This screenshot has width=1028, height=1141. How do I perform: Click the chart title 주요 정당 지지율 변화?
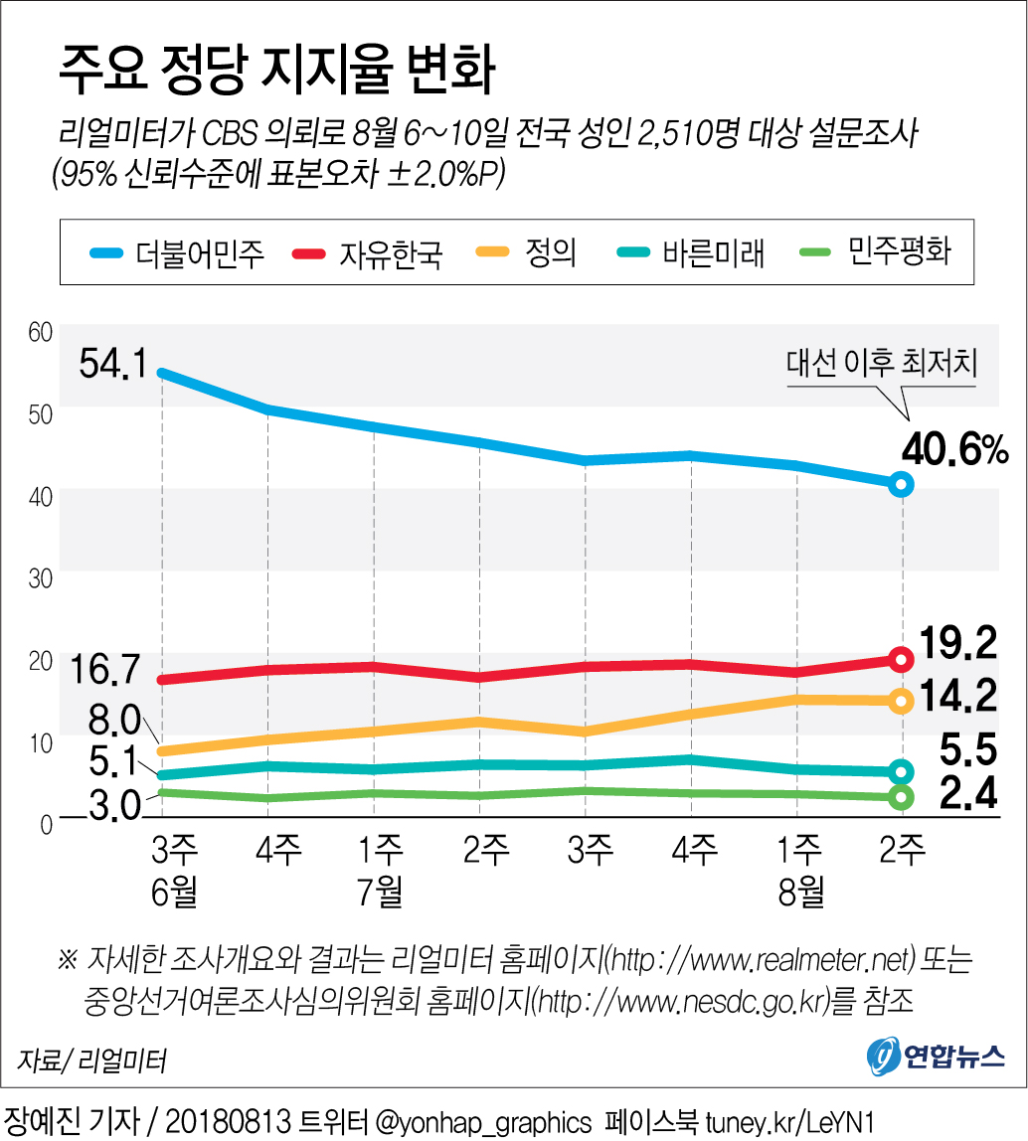click(277, 72)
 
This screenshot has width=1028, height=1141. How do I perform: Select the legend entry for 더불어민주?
click(179, 253)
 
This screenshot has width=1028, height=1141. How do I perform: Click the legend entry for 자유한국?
click(367, 253)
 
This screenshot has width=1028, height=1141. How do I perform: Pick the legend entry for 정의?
click(531, 252)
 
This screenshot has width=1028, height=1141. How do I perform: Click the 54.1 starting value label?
click(111, 365)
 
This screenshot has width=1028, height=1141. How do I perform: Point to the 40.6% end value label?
click(954, 452)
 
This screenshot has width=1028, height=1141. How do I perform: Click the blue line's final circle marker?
click(901, 484)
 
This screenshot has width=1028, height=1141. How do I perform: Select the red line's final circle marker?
click(901, 659)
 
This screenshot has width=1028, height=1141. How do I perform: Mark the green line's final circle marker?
click(901, 797)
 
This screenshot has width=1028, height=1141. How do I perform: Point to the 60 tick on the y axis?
click(39, 331)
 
